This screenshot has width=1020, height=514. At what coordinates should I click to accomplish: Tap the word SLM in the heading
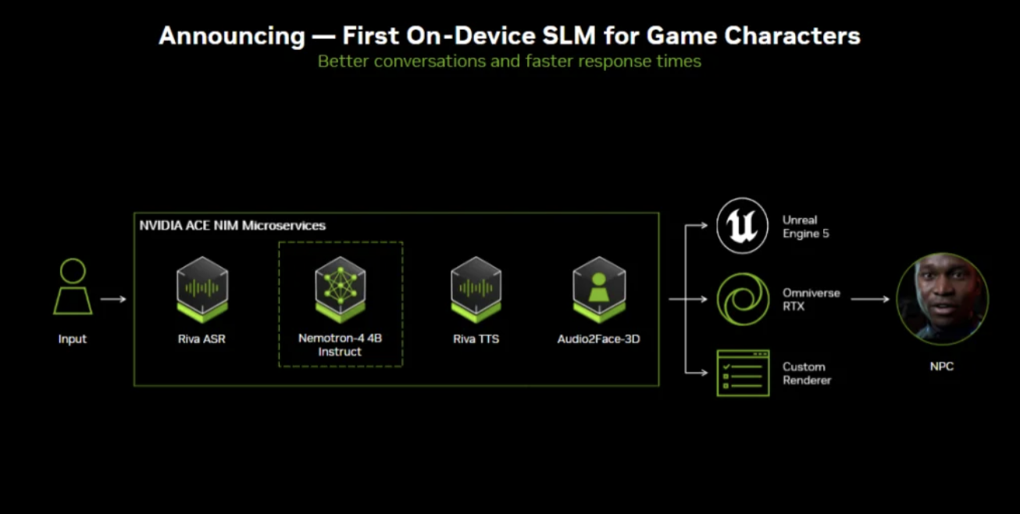click(569, 35)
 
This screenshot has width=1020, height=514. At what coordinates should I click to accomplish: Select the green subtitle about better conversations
click(509, 62)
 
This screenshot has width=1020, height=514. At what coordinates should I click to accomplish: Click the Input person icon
click(73, 287)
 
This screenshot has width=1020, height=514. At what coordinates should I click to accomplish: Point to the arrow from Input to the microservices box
click(113, 299)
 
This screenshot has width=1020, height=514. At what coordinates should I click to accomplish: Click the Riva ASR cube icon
click(202, 290)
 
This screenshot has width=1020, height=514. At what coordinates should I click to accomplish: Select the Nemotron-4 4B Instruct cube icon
click(341, 290)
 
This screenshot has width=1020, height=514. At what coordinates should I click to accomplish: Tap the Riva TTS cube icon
click(476, 290)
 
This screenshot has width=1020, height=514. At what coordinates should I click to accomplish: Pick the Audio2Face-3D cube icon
click(599, 290)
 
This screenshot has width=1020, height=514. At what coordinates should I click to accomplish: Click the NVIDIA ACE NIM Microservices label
click(233, 225)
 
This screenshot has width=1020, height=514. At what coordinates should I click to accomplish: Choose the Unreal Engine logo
click(742, 225)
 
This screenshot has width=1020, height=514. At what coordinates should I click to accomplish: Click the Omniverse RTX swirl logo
click(743, 299)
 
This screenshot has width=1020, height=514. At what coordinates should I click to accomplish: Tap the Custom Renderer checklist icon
click(744, 373)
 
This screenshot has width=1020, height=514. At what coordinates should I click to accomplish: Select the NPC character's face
click(942, 298)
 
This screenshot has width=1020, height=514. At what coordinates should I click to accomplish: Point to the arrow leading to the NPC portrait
click(870, 299)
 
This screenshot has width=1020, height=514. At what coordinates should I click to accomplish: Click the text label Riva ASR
click(202, 339)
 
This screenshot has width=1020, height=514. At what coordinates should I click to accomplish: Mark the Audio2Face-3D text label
click(599, 339)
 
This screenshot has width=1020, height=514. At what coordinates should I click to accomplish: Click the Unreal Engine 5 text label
click(805, 227)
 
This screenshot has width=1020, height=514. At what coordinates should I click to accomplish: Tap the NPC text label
click(942, 366)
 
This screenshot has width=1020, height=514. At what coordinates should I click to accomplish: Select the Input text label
click(73, 339)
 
